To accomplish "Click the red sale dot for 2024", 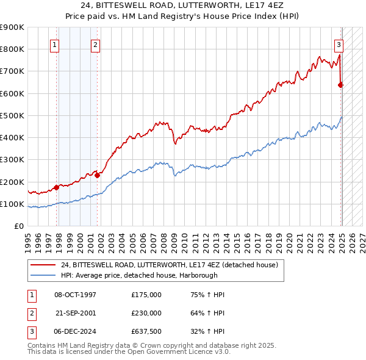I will pyautogui.click(x=340, y=85).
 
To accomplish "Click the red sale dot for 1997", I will pyautogui.click(x=56, y=187).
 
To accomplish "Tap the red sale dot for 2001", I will pyautogui.click(x=97, y=175).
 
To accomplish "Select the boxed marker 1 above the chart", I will pyautogui.click(x=55, y=44).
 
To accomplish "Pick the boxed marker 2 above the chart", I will pyautogui.click(x=96, y=44).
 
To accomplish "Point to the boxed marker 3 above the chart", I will pyautogui.click(x=338, y=44).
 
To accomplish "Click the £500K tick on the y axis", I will pyautogui.click(x=12, y=115).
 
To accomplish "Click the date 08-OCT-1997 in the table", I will pyautogui.click(x=75, y=295).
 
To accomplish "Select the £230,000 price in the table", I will pyautogui.click(x=146, y=313).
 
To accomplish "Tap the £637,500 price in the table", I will pyautogui.click(x=146, y=331).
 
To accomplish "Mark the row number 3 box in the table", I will pyautogui.click(x=30, y=331).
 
